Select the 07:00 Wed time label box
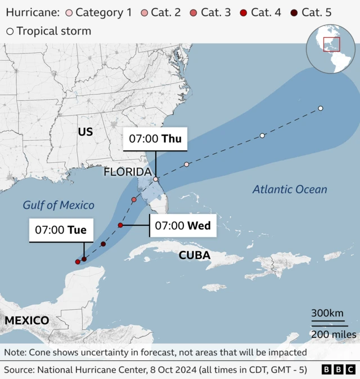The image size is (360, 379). click(182, 226)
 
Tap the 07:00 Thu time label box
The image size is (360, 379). click(155, 139)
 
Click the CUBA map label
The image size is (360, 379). click(194, 256)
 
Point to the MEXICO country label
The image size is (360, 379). click(26, 320)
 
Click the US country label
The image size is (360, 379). click(85, 132)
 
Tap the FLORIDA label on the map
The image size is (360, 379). click(127, 172)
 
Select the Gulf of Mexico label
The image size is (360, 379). click(58, 206)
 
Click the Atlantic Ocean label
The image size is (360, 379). click(289, 189)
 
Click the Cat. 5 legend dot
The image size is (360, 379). click(295, 12)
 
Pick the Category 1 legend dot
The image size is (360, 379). click(69, 12)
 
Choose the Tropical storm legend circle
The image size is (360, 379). click(10, 32)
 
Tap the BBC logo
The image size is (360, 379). click(339, 369)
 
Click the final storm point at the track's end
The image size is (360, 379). click(320, 108)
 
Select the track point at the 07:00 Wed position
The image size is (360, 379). click(120, 225)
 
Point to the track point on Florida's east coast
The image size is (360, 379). click(156, 179)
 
